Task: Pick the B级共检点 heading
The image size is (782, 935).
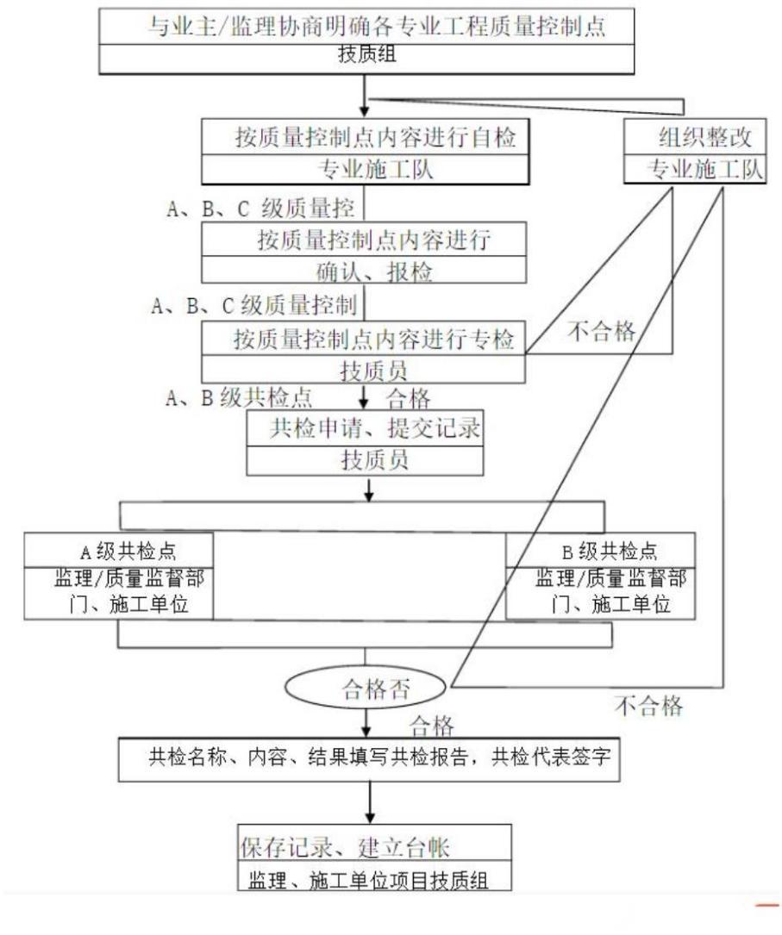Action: pos(603,550)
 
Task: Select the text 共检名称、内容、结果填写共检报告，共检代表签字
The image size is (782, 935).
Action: pos(368,760)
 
